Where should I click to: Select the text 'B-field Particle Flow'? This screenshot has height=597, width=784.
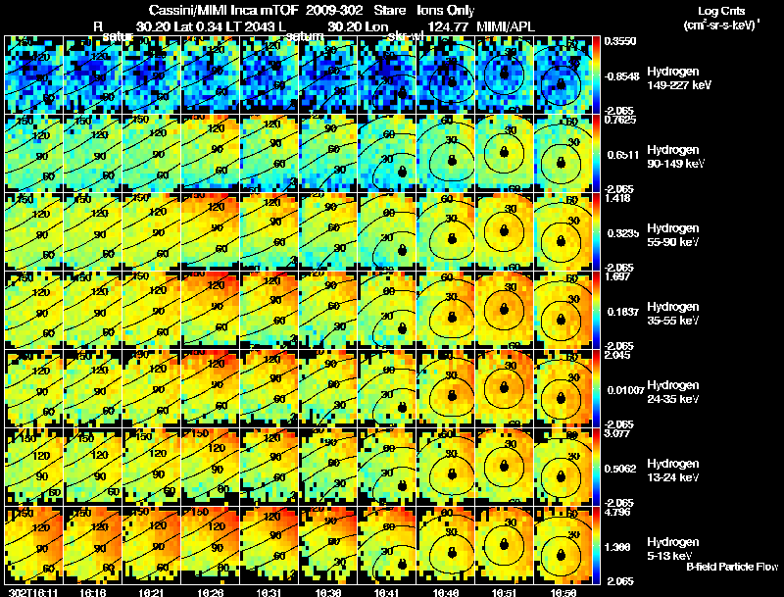pos(732,567)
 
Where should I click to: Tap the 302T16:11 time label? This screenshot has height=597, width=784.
pos(31,591)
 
